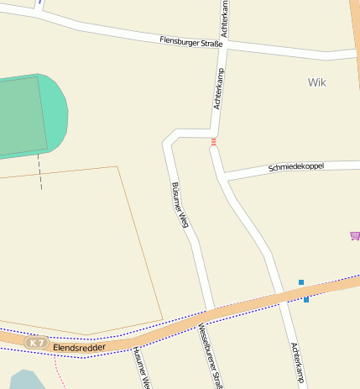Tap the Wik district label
click(316, 82)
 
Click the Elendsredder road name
click(76, 345)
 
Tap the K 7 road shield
click(36, 343)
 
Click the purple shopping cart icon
click(354, 236)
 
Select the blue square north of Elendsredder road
click(300, 282)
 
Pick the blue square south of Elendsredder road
click(306, 300)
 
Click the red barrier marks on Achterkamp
click(214, 141)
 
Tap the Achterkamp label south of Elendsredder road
click(296, 364)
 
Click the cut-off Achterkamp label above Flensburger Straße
click(225, 17)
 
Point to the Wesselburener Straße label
click(210, 356)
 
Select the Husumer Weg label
click(140, 368)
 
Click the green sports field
click(25, 115)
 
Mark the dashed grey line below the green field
click(39, 172)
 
